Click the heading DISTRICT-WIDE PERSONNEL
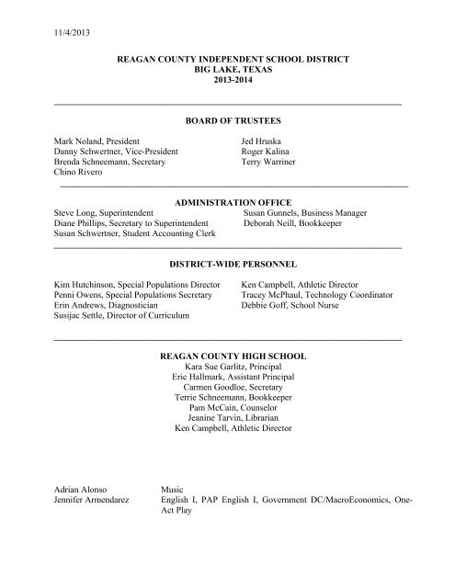click(227, 264)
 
